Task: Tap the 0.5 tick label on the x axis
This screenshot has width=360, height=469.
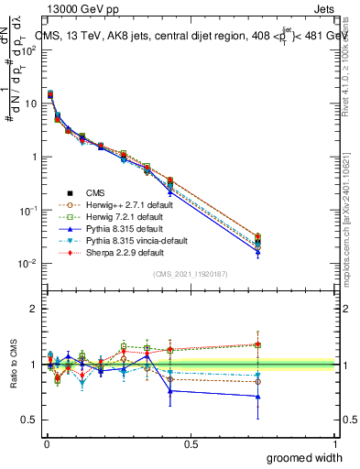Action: (x=191, y=443)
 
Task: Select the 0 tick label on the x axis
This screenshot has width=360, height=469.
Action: (x=46, y=443)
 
